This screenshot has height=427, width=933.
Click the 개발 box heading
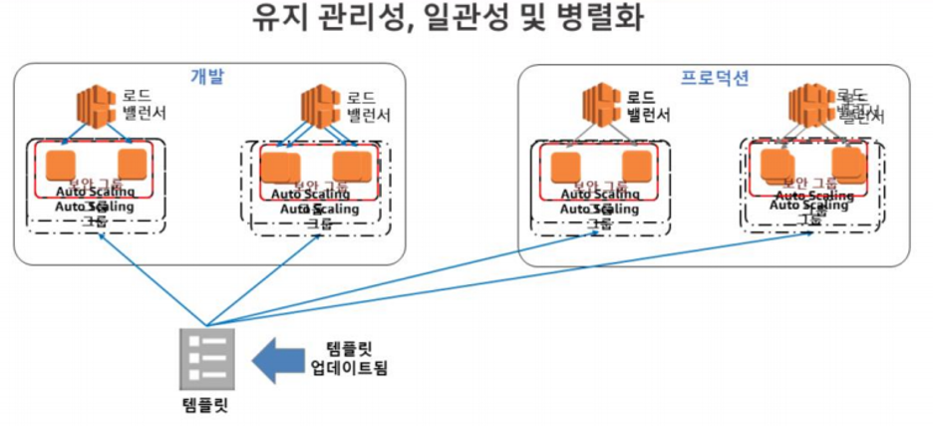pos(207,77)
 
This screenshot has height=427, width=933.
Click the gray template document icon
pos(207,358)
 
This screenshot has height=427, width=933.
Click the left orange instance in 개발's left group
pos(62,164)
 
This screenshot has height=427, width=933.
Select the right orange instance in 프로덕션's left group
pos(637,165)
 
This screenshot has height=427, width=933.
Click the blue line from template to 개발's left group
pos(150,278)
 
